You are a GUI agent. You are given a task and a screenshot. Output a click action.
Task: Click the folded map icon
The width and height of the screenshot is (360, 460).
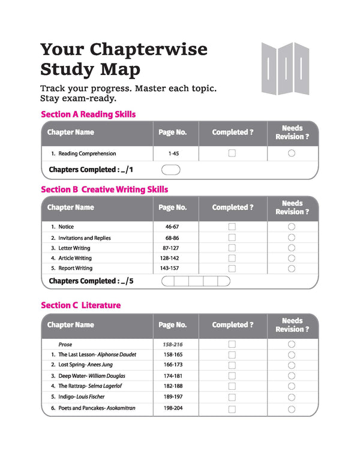pos(285,68)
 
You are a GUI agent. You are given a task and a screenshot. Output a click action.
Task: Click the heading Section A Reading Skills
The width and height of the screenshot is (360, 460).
pos(88,114)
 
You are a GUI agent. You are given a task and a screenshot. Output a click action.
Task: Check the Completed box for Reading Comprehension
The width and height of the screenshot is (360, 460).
pos(232,154)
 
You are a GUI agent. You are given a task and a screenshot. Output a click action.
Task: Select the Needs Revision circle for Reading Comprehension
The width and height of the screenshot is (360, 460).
pos(292,154)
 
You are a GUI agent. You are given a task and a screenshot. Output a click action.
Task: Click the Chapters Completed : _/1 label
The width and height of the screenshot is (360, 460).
pos(91,170)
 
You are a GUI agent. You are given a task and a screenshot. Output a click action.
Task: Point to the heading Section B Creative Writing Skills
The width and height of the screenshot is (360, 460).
pos(104,190)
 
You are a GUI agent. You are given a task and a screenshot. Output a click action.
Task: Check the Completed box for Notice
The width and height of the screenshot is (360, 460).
pos(232,227)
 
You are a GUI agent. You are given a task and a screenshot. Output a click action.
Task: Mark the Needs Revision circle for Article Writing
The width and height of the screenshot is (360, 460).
pos(292,258)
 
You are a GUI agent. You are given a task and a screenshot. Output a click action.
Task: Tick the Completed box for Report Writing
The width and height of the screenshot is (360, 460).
pos(232,268)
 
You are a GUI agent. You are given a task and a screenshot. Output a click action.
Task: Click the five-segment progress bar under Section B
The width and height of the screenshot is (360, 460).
pos(196,281)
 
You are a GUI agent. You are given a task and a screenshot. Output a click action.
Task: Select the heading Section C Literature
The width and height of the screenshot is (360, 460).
pos(80,305)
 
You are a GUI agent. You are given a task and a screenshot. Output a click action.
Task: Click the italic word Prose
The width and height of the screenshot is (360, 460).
pos(65,345)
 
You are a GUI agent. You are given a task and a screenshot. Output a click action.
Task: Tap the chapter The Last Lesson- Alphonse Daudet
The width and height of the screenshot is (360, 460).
pos(97,354)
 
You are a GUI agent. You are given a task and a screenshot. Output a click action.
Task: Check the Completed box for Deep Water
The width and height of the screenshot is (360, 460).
pos(232,375)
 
